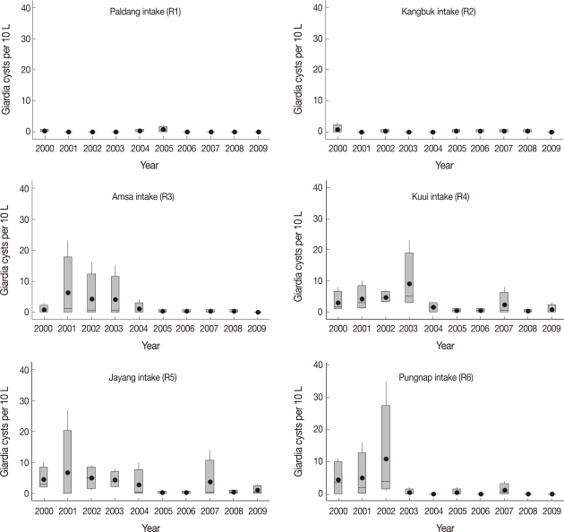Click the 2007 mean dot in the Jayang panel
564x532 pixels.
(x=209, y=482)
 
